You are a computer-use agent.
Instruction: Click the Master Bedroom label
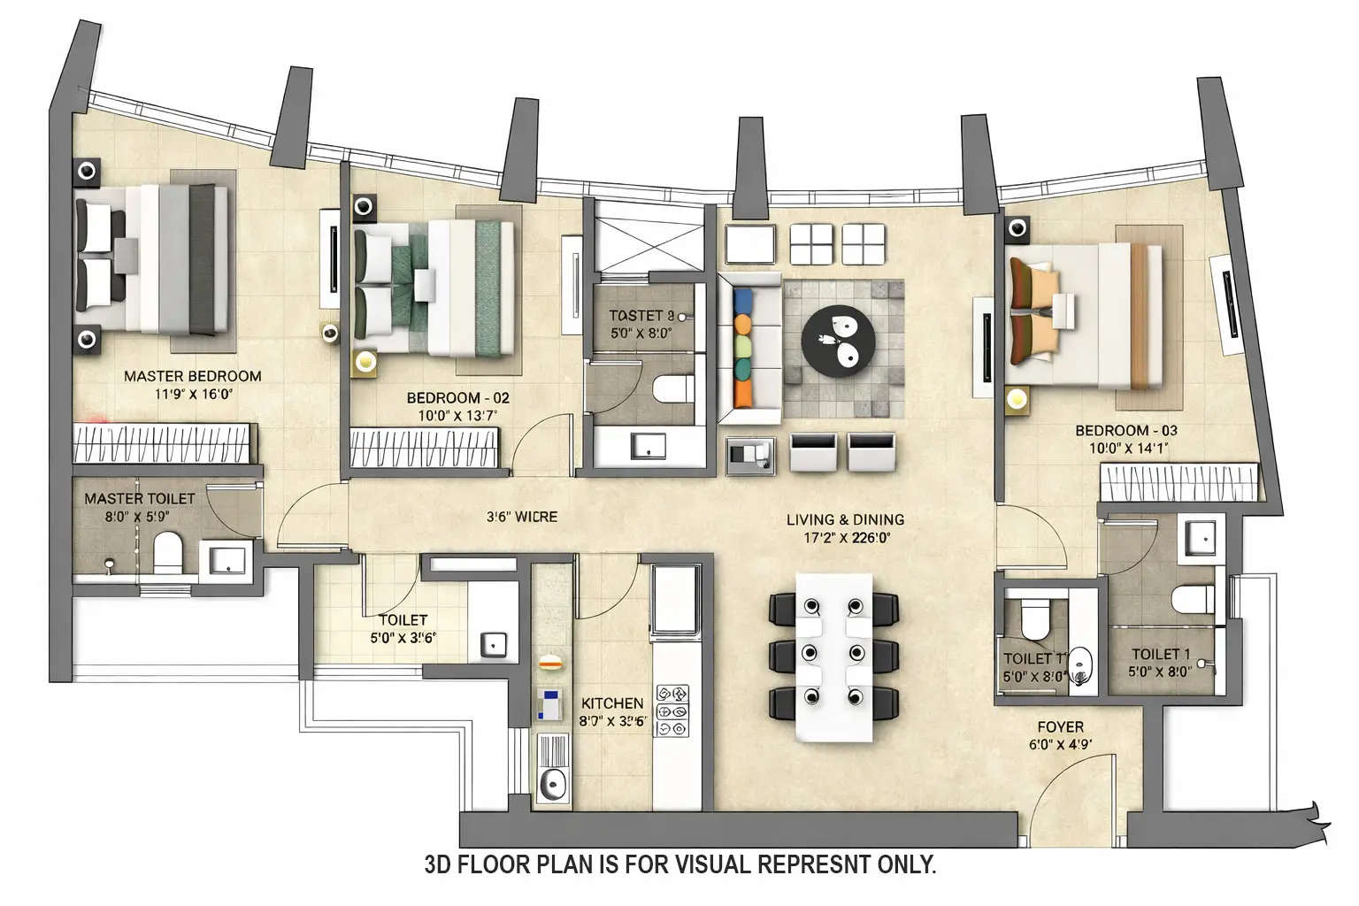192,376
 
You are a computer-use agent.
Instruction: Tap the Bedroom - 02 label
457,398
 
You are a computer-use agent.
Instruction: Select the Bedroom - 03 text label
1125,431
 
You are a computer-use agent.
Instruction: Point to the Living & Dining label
845,520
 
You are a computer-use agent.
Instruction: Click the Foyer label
1060,727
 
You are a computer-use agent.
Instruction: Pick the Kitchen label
611,703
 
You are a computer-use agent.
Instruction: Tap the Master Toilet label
139,499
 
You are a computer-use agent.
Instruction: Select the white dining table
833,656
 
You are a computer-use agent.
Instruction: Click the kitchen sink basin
554,782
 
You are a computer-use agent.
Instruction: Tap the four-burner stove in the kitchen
672,710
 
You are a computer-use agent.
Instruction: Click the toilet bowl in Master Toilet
167,554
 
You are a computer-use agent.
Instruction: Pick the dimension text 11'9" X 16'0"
192,395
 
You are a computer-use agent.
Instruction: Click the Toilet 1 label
1161,655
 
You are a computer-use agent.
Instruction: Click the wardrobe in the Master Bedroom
165,443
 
